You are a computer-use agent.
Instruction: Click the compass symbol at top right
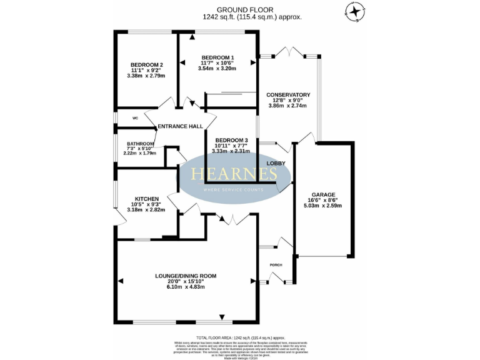[x=355, y=11]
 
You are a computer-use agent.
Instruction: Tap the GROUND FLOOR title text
[x=240, y=10]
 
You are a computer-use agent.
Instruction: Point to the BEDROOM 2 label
[x=147, y=65]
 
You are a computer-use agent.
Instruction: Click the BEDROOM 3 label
[x=231, y=140]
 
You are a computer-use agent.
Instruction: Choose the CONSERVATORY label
[x=288, y=95]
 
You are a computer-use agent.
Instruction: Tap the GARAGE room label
[x=324, y=194]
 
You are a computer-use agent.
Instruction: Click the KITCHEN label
[x=147, y=199]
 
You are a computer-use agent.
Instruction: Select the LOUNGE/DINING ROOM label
[x=186, y=276]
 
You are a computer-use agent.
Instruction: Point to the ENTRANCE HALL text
[x=180, y=126]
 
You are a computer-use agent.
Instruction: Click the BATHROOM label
[x=141, y=143]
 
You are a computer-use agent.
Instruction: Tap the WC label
[x=134, y=118]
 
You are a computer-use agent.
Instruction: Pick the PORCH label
[x=276, y=264]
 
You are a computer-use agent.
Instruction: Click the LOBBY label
[x=276, y=164]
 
